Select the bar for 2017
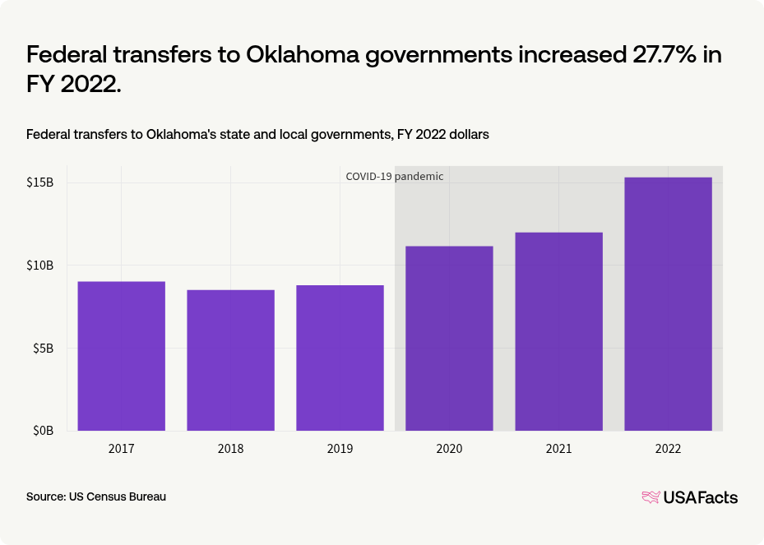(x=121, y=356)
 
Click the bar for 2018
(x=230, y=360)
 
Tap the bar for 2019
(x=340, y=358)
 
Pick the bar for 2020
(x=449, y=338)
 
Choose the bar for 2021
(x=558, y=331)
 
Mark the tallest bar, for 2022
(x=668, y=303)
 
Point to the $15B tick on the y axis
(x=39, y=182)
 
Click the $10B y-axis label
(x=39, y=266)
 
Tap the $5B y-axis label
(x=43, y=349)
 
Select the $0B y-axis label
(x=43, y=431)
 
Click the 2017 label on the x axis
(x=121, y=449)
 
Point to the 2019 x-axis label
(x=340, y=449)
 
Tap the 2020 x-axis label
(x=449, y=449)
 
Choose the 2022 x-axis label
(x=668, y=449)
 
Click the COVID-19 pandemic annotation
(x=394, y=177)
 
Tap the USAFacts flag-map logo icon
(x=651, y=497)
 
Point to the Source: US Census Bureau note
(x=96, y=497)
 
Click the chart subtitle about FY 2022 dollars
(x=257, y=134)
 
